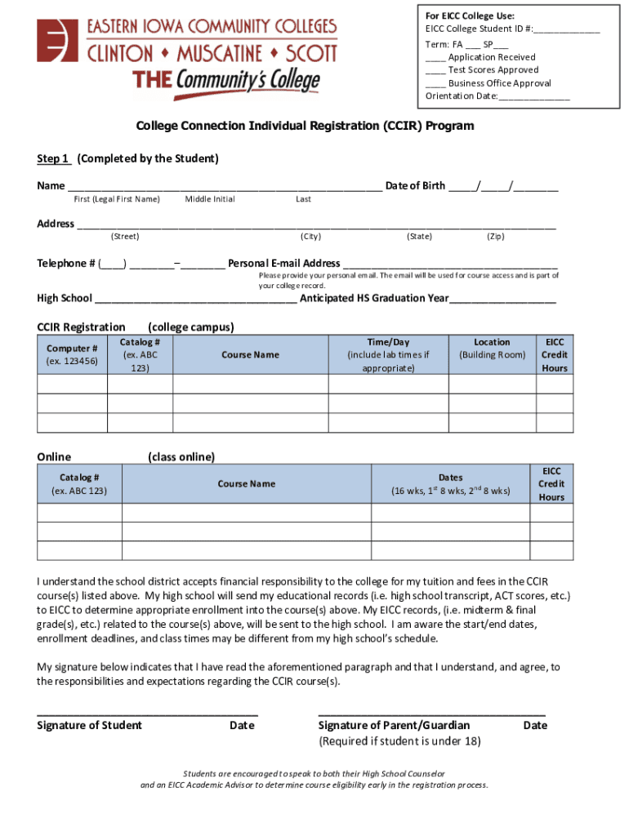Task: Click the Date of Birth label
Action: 415,185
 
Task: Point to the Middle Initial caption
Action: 209,199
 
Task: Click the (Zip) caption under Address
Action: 495,236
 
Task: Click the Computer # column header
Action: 72,355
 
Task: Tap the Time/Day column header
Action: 388,355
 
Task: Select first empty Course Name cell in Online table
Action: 246,513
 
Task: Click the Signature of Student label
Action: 89,725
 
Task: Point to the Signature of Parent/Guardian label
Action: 394,725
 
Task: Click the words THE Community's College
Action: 226,82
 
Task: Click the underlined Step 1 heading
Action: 53,158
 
